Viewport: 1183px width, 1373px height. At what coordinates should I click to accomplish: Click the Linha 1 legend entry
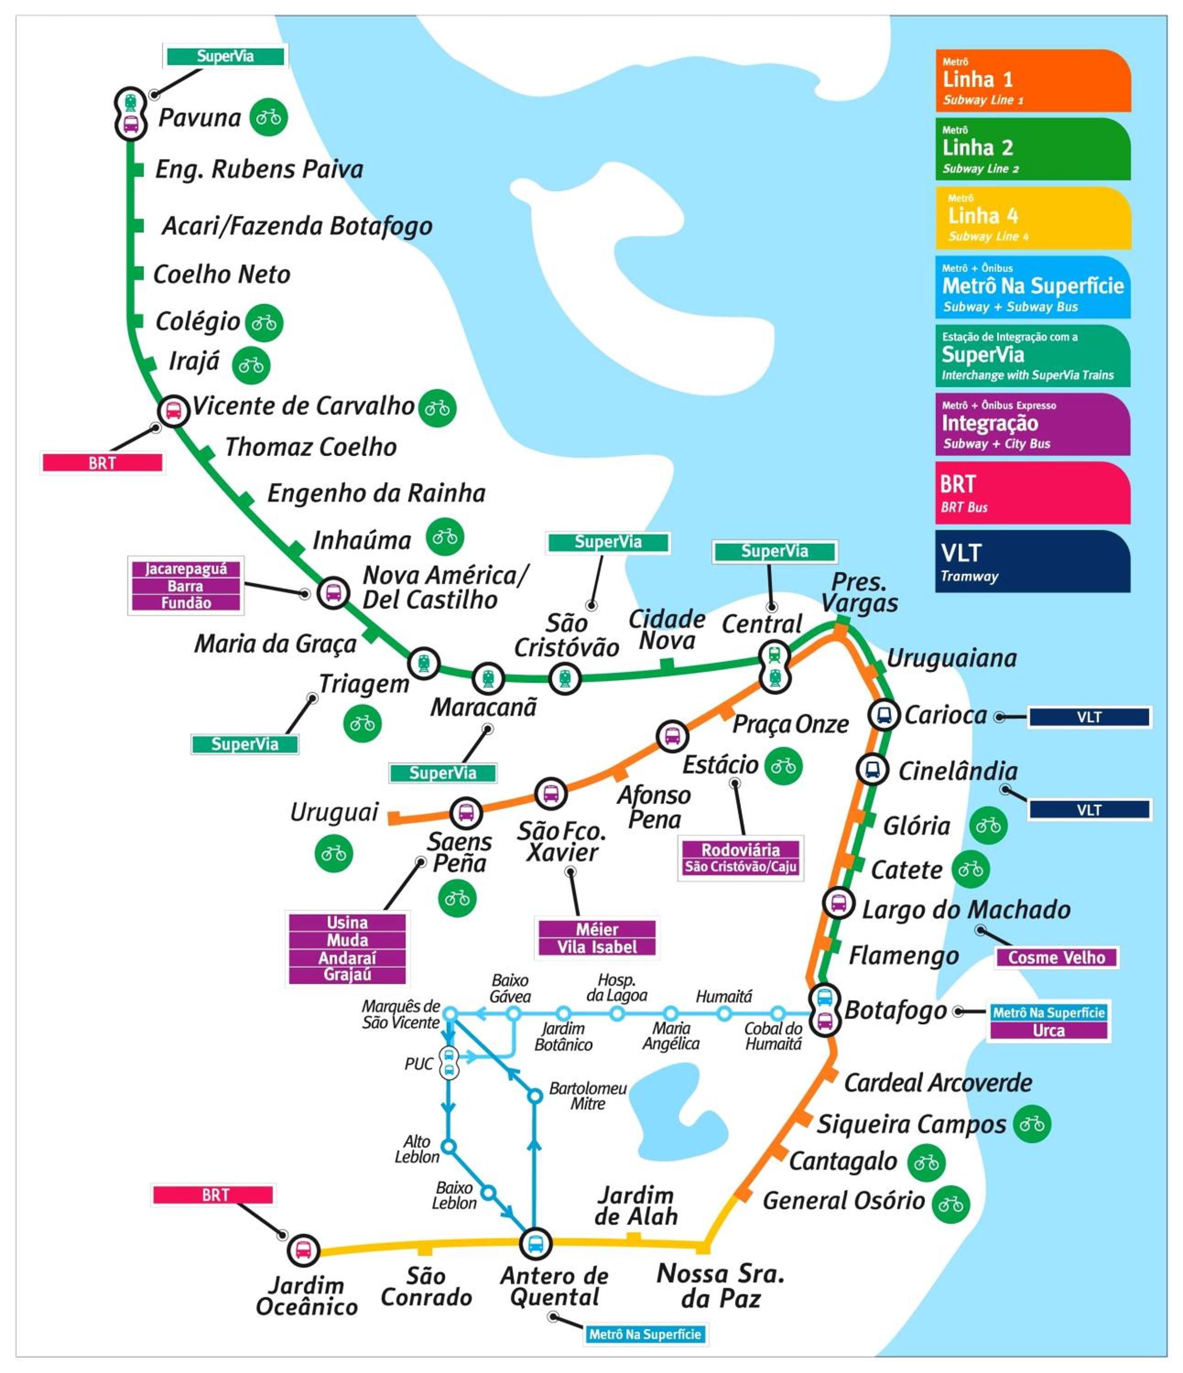click(x=1032, y=80)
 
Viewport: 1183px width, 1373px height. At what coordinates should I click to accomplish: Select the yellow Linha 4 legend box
click(x=1032, y=217)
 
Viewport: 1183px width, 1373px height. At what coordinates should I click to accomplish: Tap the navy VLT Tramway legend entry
click(x=1032, y=561)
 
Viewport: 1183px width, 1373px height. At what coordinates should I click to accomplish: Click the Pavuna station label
click(x=200, y=118)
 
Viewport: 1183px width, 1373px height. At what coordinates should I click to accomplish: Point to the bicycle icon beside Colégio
click(x=264, y=323)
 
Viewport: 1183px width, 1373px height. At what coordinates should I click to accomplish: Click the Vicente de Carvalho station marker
click(x=173, y=411)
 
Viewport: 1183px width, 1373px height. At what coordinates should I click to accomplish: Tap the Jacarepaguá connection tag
click(x=185, y=568)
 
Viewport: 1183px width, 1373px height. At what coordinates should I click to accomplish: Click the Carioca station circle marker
click(x=884, y=715)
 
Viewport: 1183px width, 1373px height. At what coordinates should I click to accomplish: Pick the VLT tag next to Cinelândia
click(x=1089, y=809)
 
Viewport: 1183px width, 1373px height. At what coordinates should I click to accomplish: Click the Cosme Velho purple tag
click(x=1057, y=957)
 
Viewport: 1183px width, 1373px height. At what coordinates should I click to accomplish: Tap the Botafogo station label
click(x=895, y=1011)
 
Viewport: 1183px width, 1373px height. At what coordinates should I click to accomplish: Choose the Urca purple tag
click(x=1048, y=1030)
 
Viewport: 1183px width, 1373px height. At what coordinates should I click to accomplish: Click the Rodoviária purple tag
click(x=740, y=849)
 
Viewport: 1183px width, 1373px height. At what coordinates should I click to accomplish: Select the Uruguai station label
click(x=334, y=812)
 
